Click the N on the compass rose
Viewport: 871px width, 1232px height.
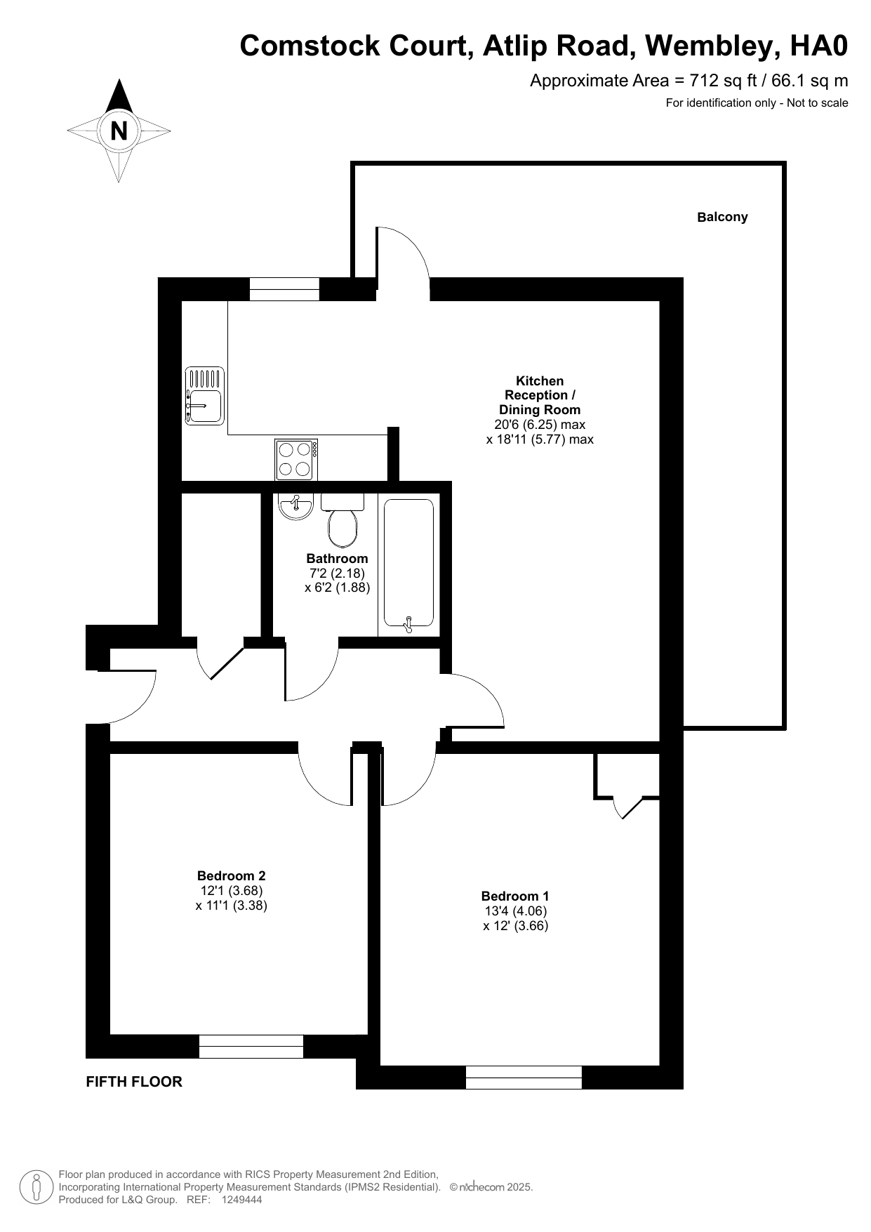pyautogui.click(x=119, y=131)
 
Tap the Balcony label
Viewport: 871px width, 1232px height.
pyautogui.click(x=722, y=217)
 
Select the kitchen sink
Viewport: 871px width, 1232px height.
pyautogui.click(x=204, y=396)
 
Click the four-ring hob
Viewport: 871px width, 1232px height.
pyautogui.click(x=296, y=460)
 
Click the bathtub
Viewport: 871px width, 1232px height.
pyautogui.click(x=408, y=564)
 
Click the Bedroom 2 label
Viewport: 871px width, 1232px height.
pyautogui.click(x=231, y=875)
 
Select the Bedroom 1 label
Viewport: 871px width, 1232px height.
pyautogui.click(x=515, y=896)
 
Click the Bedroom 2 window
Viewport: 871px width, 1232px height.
pyautogui.click(x=251, y=1046)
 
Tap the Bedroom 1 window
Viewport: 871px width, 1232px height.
pyautogui.click(x=524, y=1077)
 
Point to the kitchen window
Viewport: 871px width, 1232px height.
pyautogui.click(x=284, y=289)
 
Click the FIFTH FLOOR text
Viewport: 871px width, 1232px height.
pyautogui.click(x=134, y=1082)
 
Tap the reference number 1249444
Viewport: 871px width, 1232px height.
pyautogui.click(x=241, y=1200)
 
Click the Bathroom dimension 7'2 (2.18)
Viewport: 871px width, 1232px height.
pyautogui.click(x=337, y=573)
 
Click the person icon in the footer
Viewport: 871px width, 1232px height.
pyautogui.click(x=35, y=1187)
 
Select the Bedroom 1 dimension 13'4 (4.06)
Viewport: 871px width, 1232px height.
pyautogui.click(x=515, y=910)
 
